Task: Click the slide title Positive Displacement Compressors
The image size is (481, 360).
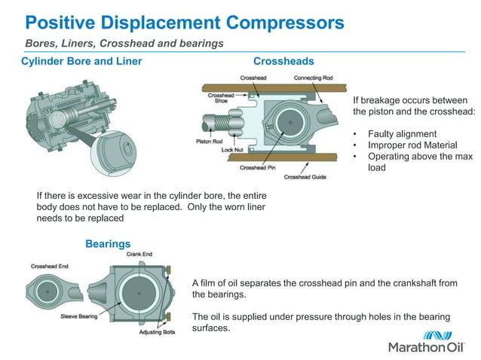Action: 184,22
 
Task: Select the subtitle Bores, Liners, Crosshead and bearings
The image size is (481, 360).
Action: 124,44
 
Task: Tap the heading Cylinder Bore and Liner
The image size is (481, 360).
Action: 81,60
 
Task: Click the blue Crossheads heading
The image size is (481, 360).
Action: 283,60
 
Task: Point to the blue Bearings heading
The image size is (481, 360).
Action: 108,243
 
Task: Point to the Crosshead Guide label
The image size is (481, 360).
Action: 304,178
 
